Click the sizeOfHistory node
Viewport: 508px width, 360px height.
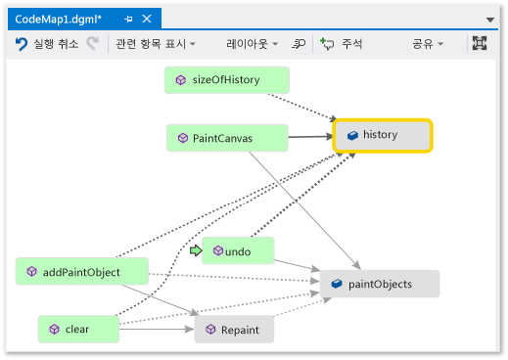tap(227, 80)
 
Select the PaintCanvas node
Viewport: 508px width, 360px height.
tap(227, 138)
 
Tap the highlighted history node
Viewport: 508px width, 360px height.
tap(383, 136)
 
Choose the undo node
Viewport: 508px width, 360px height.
tap(238, 250)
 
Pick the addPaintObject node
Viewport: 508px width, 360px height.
tap(82, 271)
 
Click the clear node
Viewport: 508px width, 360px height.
tap(78, 329)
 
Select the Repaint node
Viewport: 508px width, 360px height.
tap(234, 330)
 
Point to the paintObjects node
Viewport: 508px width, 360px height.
tap(380, 284)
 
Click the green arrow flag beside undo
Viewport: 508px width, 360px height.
tap(196, 250)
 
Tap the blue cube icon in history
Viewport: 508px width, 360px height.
tap(352, 135)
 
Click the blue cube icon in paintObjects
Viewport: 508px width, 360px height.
tap(337, 284)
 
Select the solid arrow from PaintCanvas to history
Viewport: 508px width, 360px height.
tap(310, 137)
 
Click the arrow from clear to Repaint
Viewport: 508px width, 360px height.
tap(157, 329)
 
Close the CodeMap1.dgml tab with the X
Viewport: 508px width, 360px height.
tap(147, 19)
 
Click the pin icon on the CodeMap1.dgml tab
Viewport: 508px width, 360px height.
tap(128, 20)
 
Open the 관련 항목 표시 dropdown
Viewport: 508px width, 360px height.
tap(156, 44)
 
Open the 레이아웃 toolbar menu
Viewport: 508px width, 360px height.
tap(252, 44)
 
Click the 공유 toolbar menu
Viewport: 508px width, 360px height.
tap(428, 44)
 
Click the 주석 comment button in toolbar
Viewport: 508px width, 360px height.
tap(342, 44)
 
